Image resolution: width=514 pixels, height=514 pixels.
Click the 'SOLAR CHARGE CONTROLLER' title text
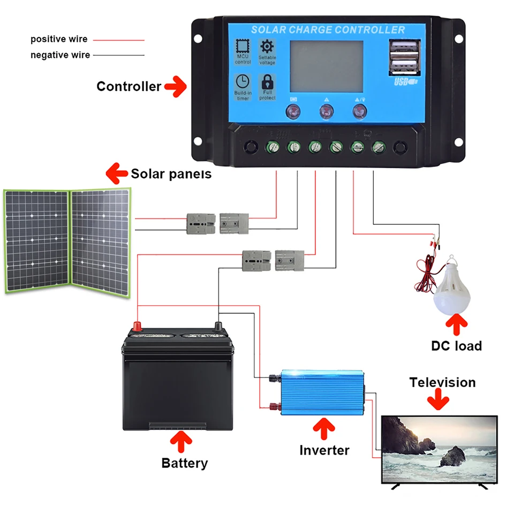pyautogui.click(x=328, y=29)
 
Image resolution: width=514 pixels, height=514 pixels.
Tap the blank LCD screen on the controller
pyautogui.click(x=326, y=66)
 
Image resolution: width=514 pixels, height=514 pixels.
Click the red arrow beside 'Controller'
pyautogui.click(x=175, y=86)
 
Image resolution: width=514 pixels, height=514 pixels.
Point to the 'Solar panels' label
pyautogui.click(x=171, y=173)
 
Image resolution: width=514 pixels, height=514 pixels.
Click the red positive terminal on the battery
pyautogui.click(x=138, y=326)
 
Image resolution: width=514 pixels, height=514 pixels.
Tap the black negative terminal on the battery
pyautogui.click(x=218, y=326)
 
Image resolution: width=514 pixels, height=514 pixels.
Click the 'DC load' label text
pyautogui.click(x=456, y=346)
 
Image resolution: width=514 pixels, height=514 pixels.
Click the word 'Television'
pyautogui.click(x=442, y=382)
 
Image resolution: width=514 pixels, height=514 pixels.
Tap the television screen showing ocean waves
pyautogui.click(x=439, y=449)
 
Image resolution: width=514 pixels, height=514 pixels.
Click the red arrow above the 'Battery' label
pyautogui.click(x=182, y=441)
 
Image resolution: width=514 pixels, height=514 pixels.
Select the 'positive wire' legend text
pyautogui.click(x=58, y=39)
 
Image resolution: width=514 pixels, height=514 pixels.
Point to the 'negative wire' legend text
pyautogui.click(x=60, y=55)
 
